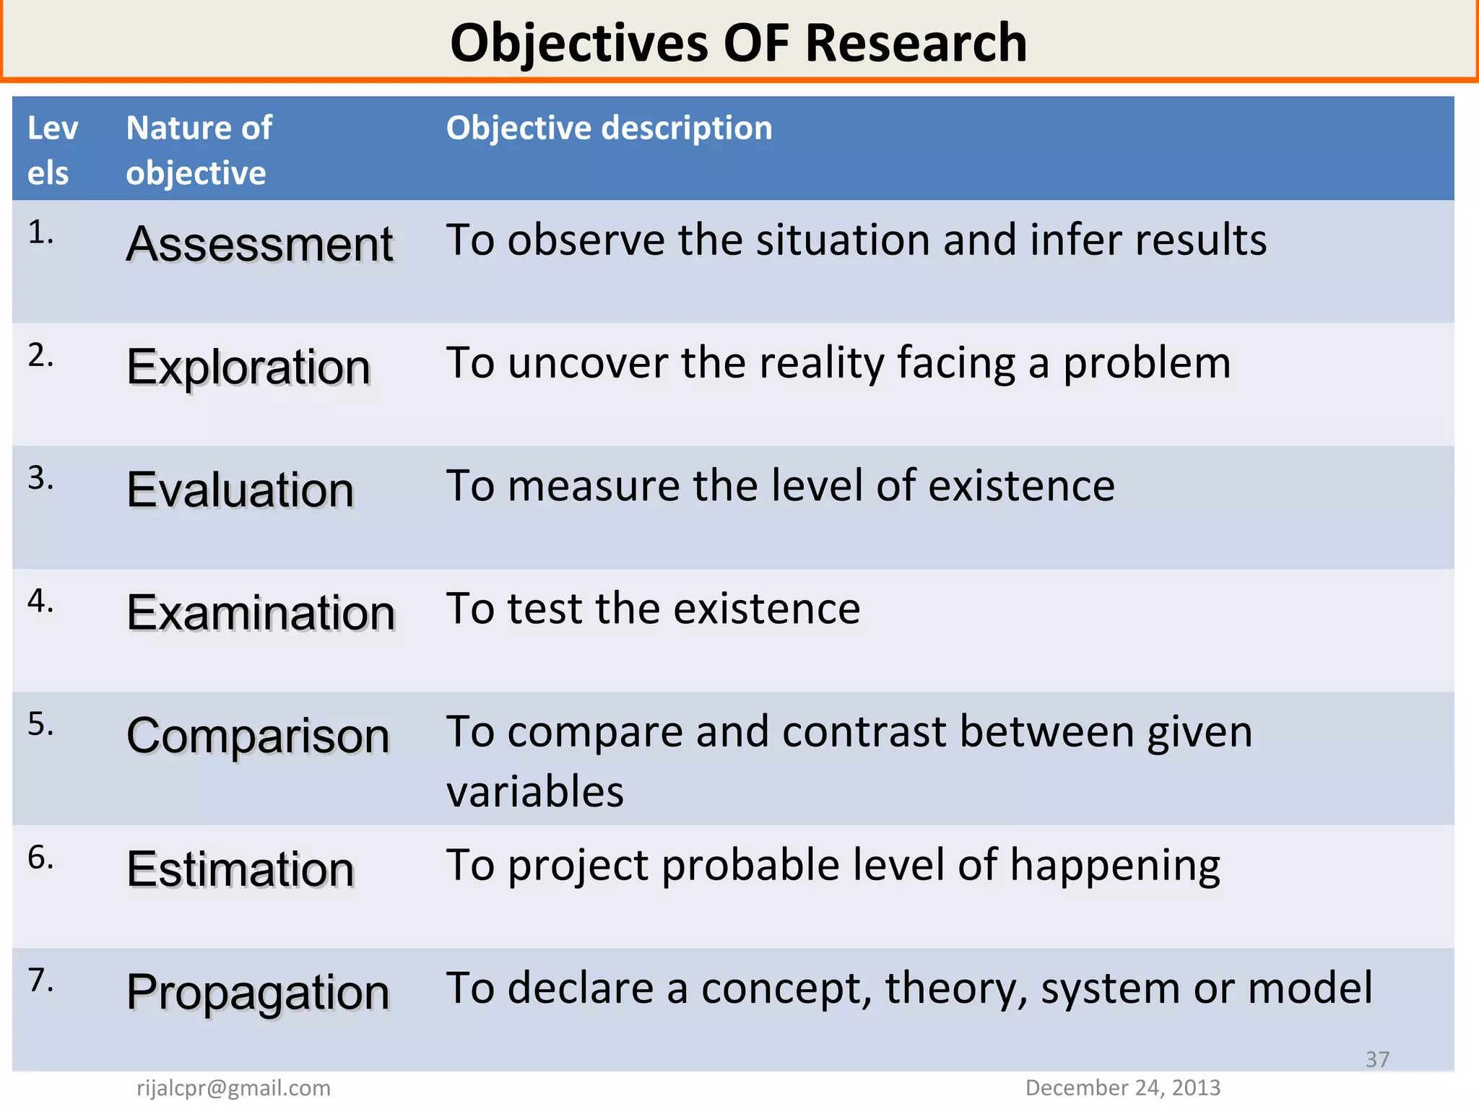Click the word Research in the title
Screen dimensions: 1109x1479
coord(915,43)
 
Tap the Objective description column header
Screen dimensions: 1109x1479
coord(609,128)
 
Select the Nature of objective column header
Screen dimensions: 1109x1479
coord(199,150)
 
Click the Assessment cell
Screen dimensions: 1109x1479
coord(259,244)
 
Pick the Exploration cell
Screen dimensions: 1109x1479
coord(248,368)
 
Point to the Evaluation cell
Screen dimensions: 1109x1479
coord(240,490)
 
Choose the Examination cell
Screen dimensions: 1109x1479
coord(261,613)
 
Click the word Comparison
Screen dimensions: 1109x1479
coord(258,736)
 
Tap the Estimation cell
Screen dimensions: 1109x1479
coord(240,869)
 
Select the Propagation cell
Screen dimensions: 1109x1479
coord(258,993)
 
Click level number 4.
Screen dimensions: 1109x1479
coord(40,601)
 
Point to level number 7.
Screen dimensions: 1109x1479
coord(40,980)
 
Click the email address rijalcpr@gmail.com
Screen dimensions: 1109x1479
coord(233,1088)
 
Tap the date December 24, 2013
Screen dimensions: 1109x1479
coord(1122,1088)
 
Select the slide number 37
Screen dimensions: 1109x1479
coord(1377,1059)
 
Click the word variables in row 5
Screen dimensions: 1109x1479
coord(535,791)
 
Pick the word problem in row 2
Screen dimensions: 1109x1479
coord(1147,363)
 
